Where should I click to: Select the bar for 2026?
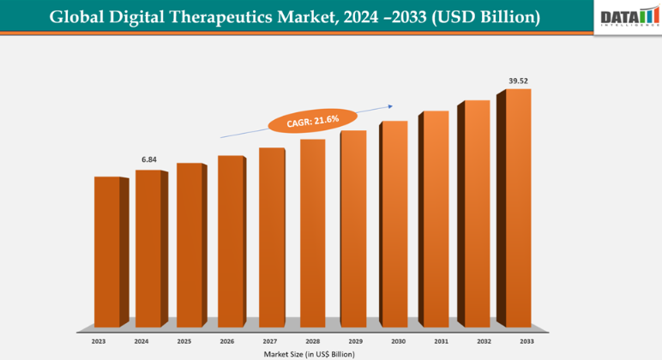[231, 240]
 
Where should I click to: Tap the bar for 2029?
[353, 227]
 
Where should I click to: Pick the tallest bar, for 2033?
[518, 207]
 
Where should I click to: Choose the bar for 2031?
[436, 218]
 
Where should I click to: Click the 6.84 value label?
[148, 159]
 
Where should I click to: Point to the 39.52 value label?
[518, 81]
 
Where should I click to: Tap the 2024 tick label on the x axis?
[141, 341]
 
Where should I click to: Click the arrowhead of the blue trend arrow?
[390, 106]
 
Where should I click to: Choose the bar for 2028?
[312, 231]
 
